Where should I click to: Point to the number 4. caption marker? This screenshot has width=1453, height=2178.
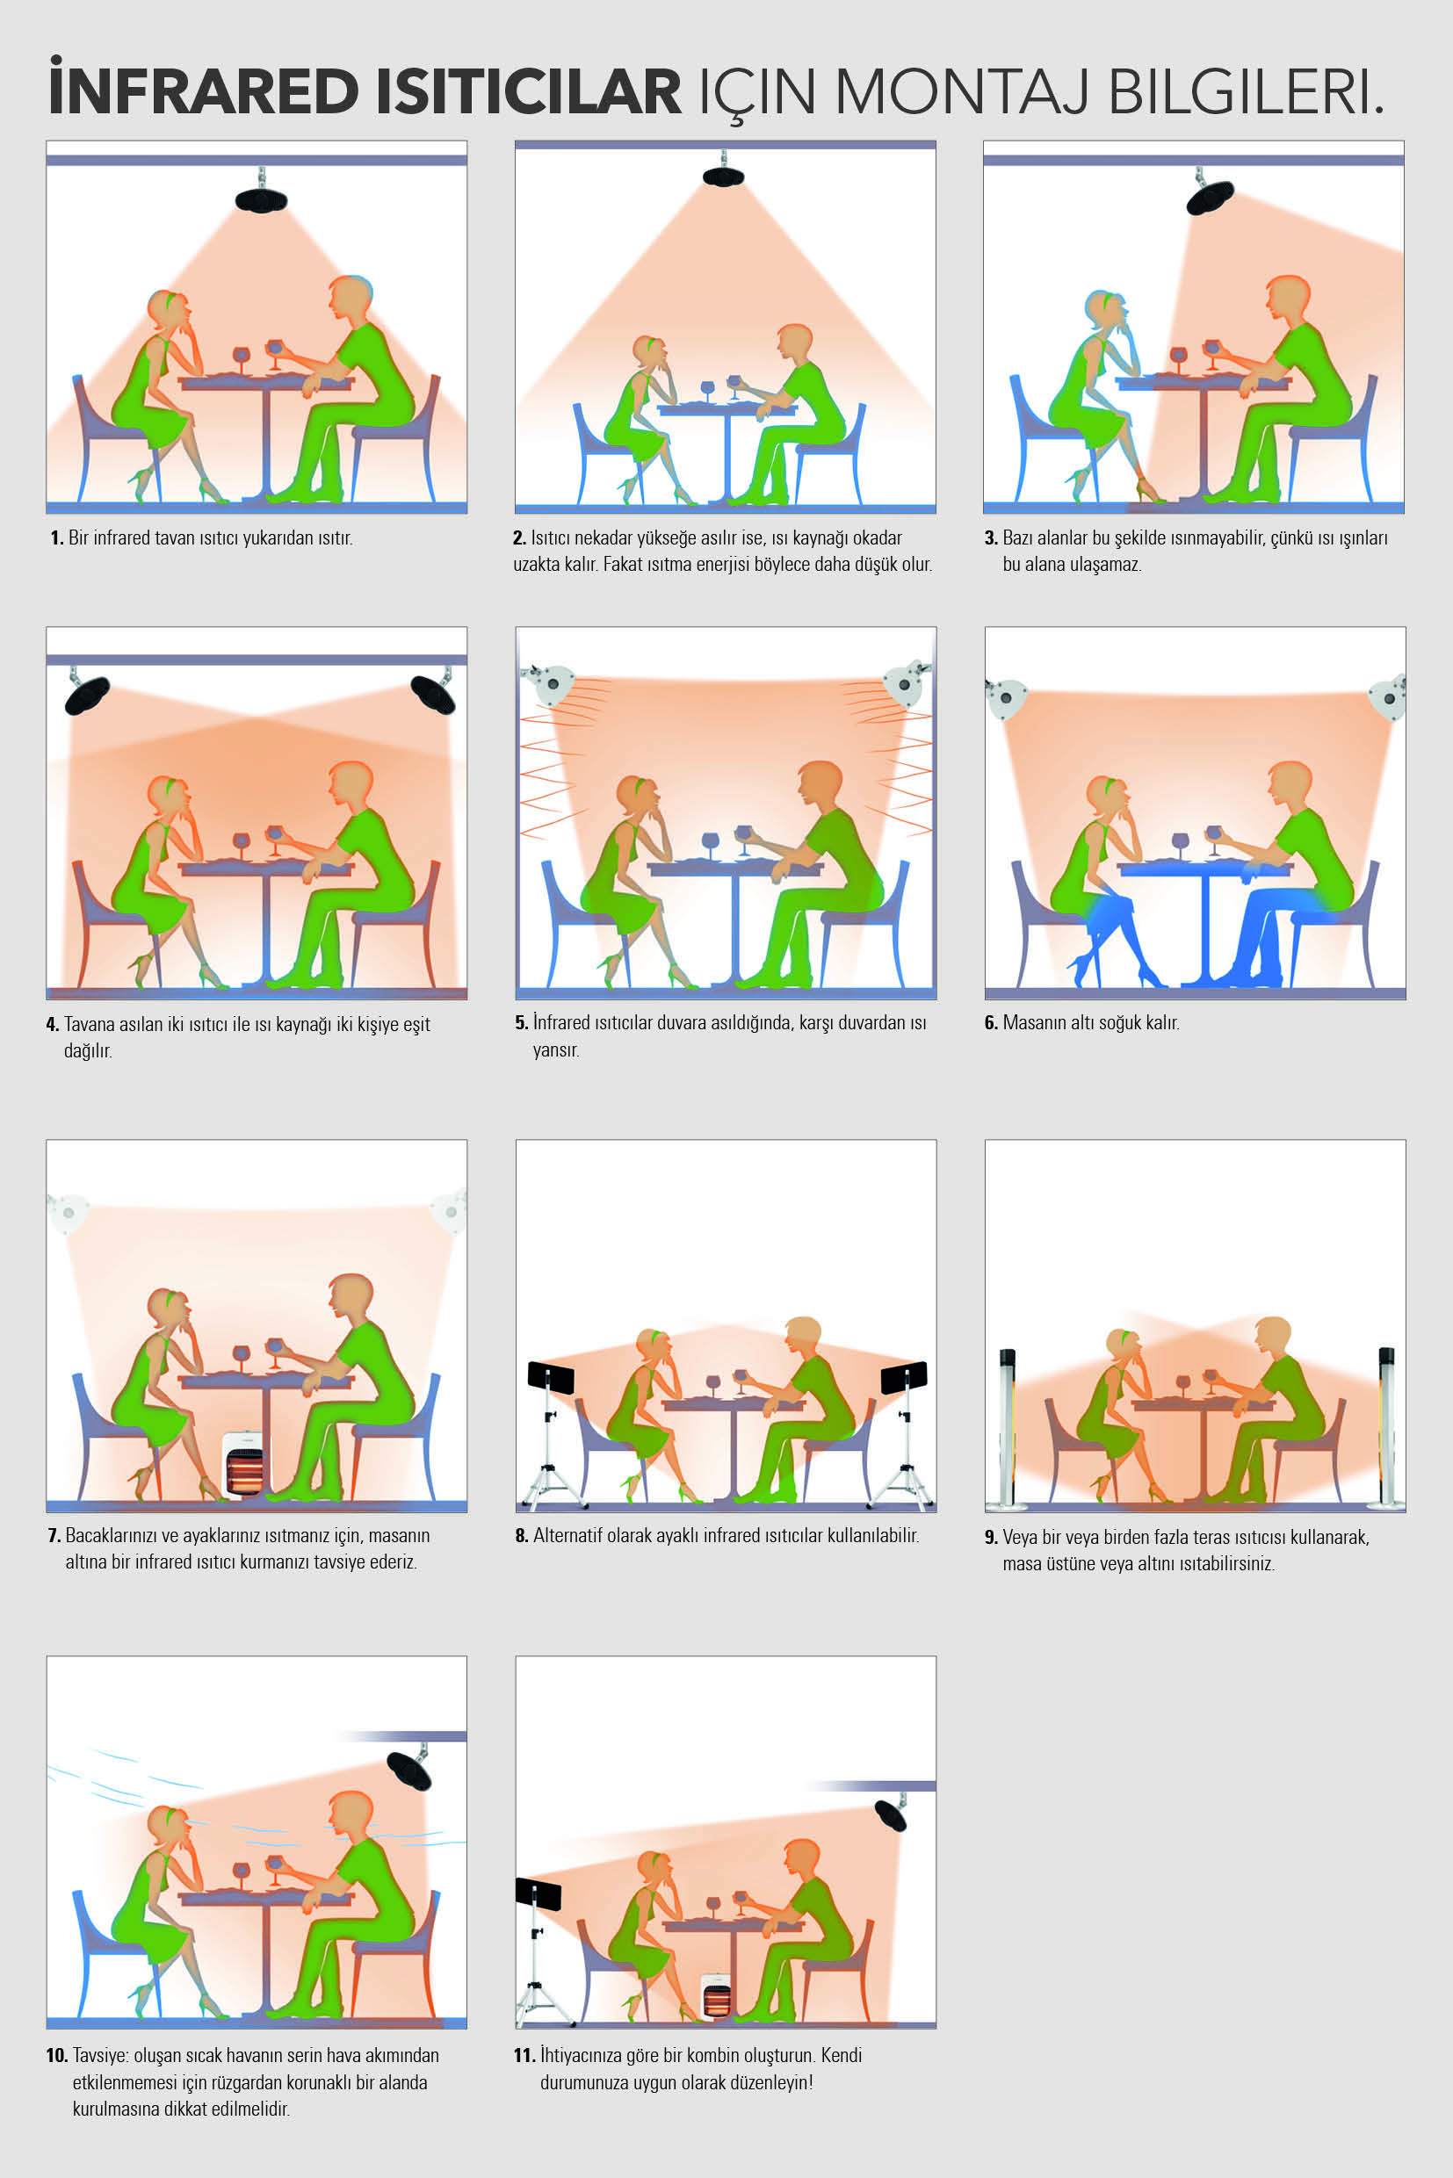click(x=53, y=1025)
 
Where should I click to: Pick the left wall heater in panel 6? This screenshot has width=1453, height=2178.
click(x=1007, y=698)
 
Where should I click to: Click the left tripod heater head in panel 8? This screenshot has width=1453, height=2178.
click(x=551, y=1378)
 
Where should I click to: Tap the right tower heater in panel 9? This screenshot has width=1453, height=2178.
click(x=1386, y=1427)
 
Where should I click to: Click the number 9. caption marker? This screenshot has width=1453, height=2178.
click(x=991, y=1538)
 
